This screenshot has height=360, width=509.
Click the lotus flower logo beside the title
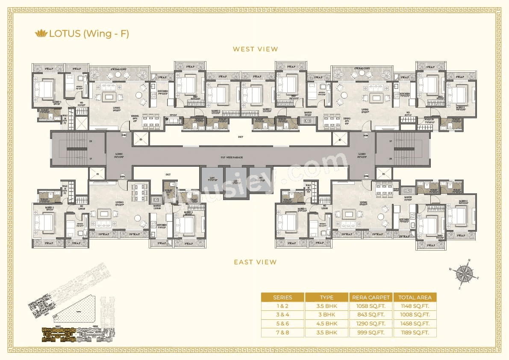tap(41, 33)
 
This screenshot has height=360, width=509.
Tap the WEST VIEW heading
tap(255, 49)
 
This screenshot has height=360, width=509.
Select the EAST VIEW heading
tap(255, 262)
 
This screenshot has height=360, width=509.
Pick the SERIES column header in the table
tap(282, 297)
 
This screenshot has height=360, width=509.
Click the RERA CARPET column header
tap(371, 297)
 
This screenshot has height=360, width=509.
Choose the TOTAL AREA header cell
tap(415, 297)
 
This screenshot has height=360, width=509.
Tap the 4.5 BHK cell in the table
tap(327, 324)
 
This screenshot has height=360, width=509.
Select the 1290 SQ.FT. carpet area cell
tap(371, 324)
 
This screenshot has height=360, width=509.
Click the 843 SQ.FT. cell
tap(371, 315)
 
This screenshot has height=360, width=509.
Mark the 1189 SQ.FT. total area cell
tap(415, 333)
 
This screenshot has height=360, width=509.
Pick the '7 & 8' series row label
tap(282, 333)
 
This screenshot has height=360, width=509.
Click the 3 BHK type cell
tap(327, 315)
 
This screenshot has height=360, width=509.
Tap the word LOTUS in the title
tap(65, 33)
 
